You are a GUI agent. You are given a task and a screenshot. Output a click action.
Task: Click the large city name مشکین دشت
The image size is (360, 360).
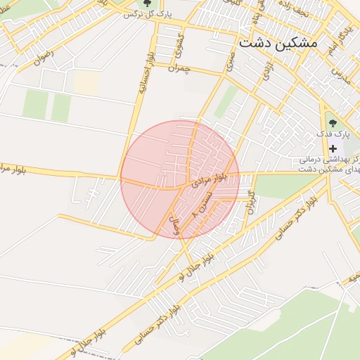pos(278,43)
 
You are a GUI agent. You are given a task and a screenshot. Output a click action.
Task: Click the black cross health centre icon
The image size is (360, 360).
pos(333,148)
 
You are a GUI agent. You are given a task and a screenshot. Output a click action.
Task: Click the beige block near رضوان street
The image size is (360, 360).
pos(86,83)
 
